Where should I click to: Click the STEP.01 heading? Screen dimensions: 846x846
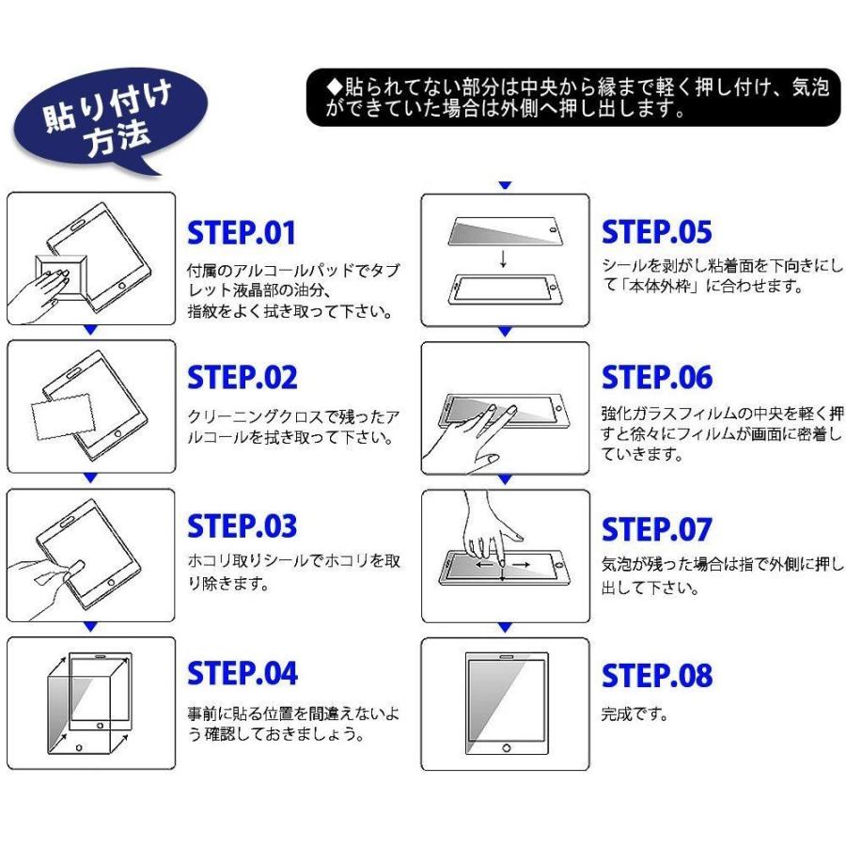click(x=242, y=232)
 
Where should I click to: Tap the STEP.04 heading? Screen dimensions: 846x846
click(x=243, y=673)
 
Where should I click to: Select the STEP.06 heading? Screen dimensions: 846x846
click(x=657, y=377)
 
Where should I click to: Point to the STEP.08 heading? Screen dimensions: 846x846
click(x=657, y=675)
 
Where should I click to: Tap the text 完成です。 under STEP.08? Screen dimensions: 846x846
click(x=634, y=713)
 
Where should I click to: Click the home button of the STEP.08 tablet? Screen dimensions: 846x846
click(x=506, y=748)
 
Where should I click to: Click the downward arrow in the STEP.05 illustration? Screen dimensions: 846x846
click(x=504, y=258)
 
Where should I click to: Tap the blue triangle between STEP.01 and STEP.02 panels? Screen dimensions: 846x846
click(x=90, y=330)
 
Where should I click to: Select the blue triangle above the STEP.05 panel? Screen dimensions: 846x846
click(x=505, y=185)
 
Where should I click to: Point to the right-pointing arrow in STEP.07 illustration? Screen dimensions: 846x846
click(x=521, y=565)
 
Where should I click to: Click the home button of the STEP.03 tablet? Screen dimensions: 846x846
click(x=111, y=583)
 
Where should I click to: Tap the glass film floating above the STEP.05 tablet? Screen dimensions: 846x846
click(x=505, y=230)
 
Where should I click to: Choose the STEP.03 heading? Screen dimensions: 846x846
click(x=242, y=526)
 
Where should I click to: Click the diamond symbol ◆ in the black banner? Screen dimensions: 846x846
click(x=335, y=86)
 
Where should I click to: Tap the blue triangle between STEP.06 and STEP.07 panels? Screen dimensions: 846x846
click(x=505, y=479)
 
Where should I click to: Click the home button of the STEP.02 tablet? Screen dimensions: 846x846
click(x=118, y=433)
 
